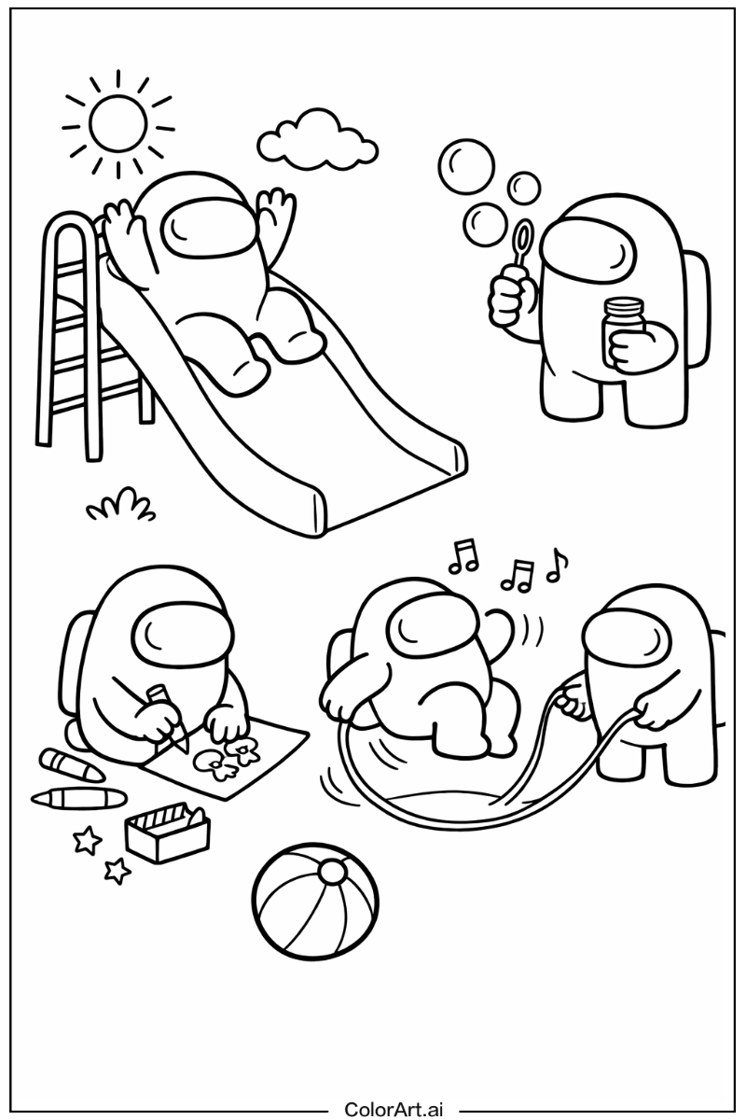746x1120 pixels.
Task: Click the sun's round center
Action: (118, 122)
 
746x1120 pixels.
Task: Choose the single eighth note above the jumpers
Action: (558, 566)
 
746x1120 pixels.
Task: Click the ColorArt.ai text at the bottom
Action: (394, 1110)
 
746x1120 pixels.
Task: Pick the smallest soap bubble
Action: (524, 188)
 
